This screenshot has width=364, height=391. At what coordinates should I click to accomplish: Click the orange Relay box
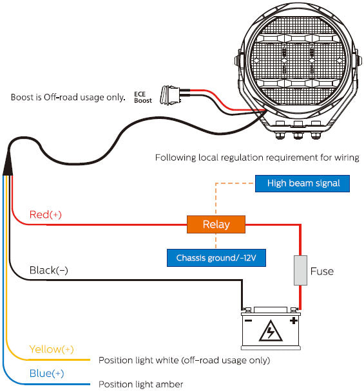[x=216, y=224]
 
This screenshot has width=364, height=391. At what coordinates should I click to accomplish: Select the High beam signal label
[x=302, y=183]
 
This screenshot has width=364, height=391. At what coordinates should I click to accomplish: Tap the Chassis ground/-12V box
[x=216, y=259]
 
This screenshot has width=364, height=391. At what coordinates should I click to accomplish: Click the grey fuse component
[x=300, y=270]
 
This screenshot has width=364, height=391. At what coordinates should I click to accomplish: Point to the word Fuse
[x=321, y=271]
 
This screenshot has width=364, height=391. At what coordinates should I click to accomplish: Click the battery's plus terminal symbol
[x=293, y=320]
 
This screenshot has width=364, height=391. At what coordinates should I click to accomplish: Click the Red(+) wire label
[x=46, y=215]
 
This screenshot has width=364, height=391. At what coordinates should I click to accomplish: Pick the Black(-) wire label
[x=49, y=271]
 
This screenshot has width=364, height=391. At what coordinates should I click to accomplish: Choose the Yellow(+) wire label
[x=52, y=349]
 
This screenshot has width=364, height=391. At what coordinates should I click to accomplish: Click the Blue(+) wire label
[x=46, y=373]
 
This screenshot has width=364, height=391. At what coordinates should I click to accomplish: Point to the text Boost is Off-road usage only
[x=68, y=98]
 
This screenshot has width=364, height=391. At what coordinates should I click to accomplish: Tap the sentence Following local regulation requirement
[x=257, y=157]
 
